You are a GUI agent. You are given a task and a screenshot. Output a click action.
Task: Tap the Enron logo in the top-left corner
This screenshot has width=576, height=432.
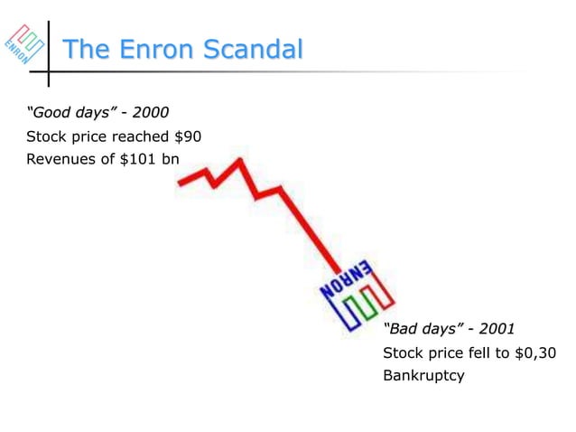(23, 43)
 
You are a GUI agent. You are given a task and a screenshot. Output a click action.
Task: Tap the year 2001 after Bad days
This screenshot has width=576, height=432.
(497, 327)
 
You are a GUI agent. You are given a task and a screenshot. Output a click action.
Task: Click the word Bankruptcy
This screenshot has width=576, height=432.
(423, 374)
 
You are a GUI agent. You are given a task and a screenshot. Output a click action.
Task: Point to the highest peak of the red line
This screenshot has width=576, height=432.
(240, 162)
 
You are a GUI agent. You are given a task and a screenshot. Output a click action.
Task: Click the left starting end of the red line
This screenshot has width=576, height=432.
(181, 183)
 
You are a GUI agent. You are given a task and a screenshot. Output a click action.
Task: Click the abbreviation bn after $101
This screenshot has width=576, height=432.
(171, 160)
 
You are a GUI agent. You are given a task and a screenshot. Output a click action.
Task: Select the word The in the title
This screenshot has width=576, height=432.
(84, 50)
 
